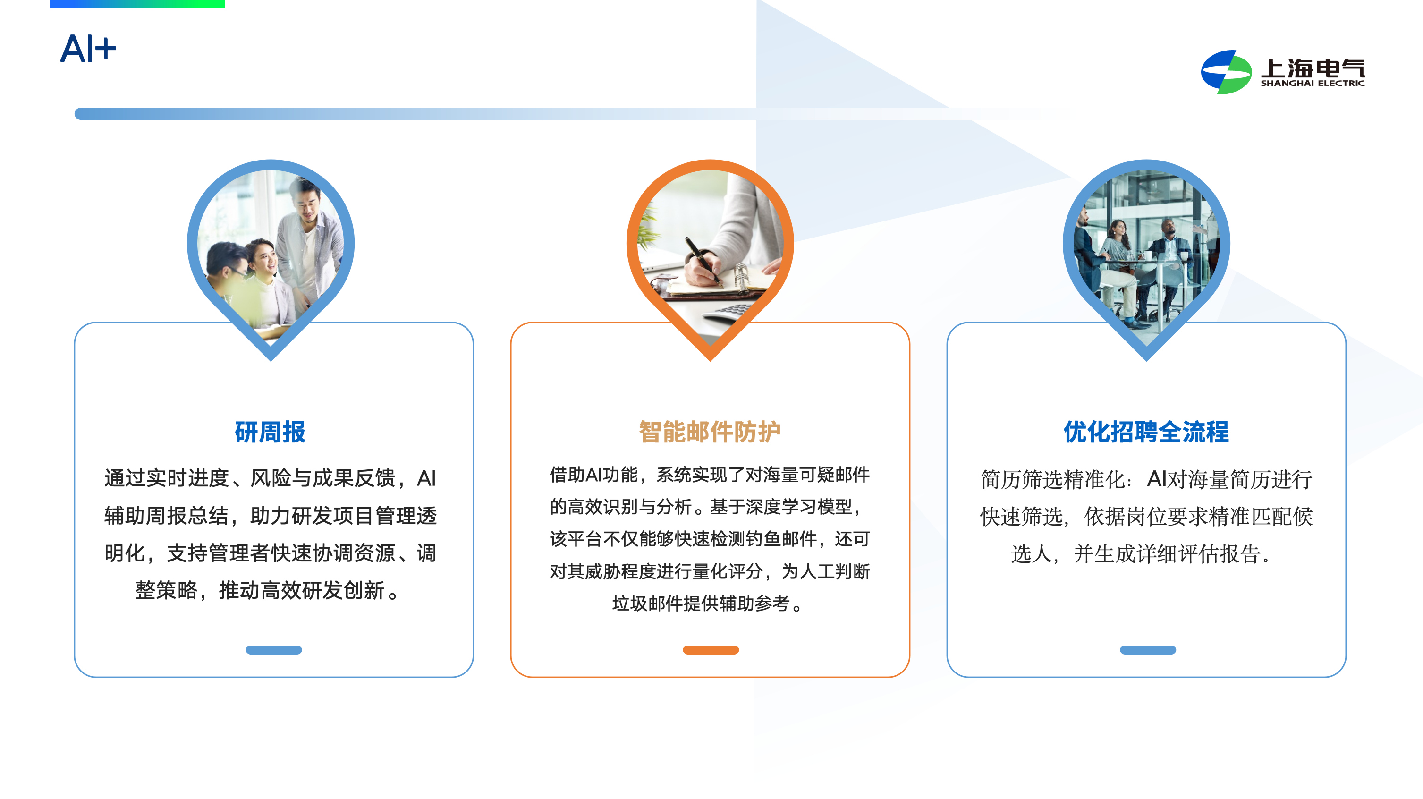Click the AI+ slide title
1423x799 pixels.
click(x=88, y=49)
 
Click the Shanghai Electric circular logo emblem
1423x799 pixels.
click(x=1226, y=72)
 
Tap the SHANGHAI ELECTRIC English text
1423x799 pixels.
click(x=1313, y=83)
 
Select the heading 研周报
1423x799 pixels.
click(x=270, y=432)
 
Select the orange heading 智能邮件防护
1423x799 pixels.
click(x=710, y=432)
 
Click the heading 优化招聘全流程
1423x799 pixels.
click(x=1146, y=432)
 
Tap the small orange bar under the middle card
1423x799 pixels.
click(x=711, y=650)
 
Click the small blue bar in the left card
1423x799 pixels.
click(x=273, y=650)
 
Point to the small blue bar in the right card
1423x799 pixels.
click(x=1147, y=650)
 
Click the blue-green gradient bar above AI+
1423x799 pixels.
click(x=137, y=4)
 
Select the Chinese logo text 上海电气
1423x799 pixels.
click(x=1313, y=68)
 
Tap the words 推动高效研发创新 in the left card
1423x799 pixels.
click(x=302, y=590)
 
